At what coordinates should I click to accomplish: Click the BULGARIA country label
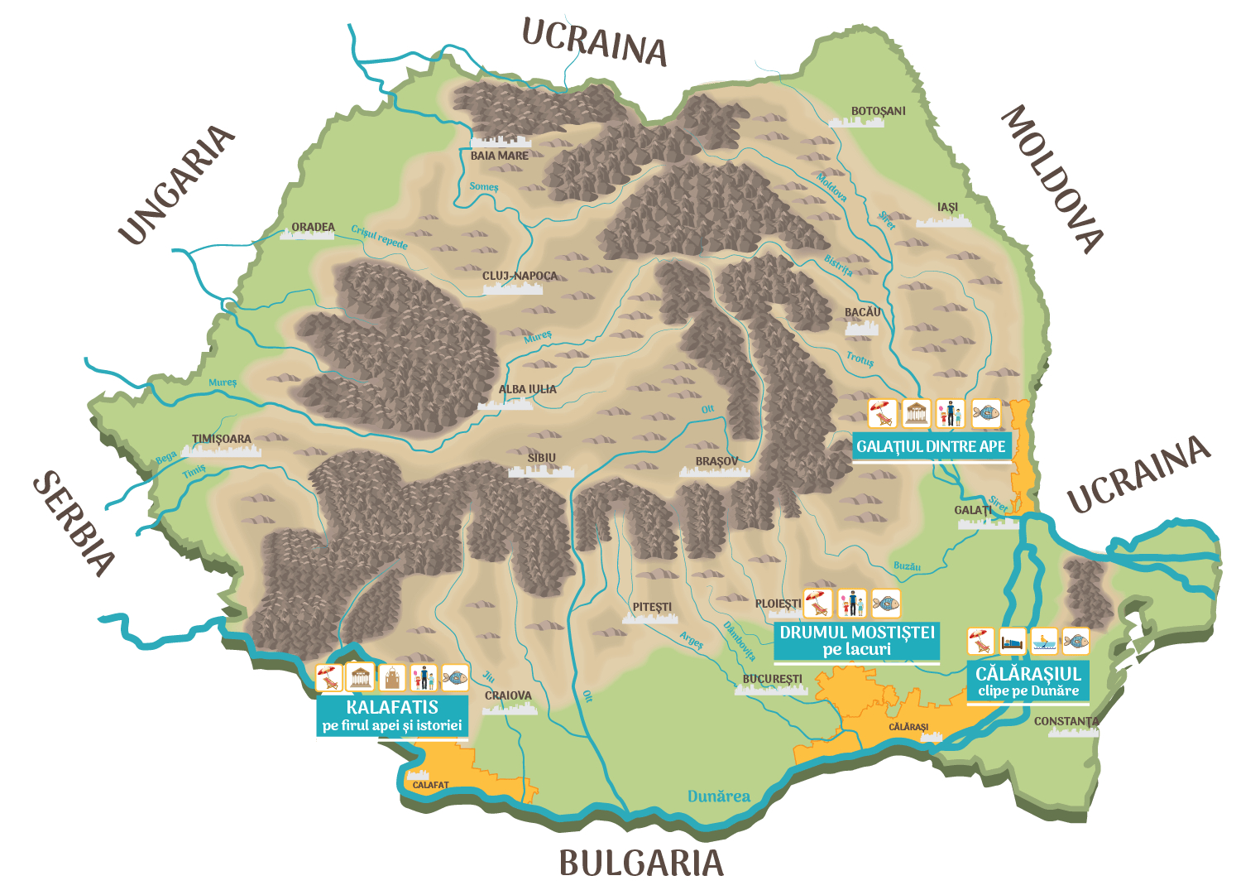click(x=641, y=864)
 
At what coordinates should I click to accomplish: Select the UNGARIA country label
click(x=176, y=185)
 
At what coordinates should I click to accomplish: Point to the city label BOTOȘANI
click(x=878, y=111)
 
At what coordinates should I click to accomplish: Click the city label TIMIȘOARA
click(x=221, y=439)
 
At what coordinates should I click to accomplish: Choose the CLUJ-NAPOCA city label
click(x=520, y=276)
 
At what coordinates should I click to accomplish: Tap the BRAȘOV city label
click(x=716, y=461)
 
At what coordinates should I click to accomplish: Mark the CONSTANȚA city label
click(x=1066, y=721)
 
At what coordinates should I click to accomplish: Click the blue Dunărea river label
click(x=718, y=796)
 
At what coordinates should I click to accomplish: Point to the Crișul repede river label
click(x=379, y=238)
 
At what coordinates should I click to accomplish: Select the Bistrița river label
click(x=838, y=266)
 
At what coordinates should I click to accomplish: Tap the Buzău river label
click(x=907, y=566)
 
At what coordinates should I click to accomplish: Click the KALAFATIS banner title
click(x=392, y=707)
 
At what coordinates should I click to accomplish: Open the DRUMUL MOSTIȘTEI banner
click(x=856, y=641)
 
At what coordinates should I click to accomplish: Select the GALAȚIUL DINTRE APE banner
click(x=931, y=446)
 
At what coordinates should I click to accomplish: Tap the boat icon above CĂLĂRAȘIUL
click(x=1044, y=642)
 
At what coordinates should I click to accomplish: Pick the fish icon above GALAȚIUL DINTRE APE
click(x=985, y=412)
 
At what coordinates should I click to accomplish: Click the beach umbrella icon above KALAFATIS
click(x=329, y=678)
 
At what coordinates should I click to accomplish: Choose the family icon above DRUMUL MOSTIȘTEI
click(x=851, y=604)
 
